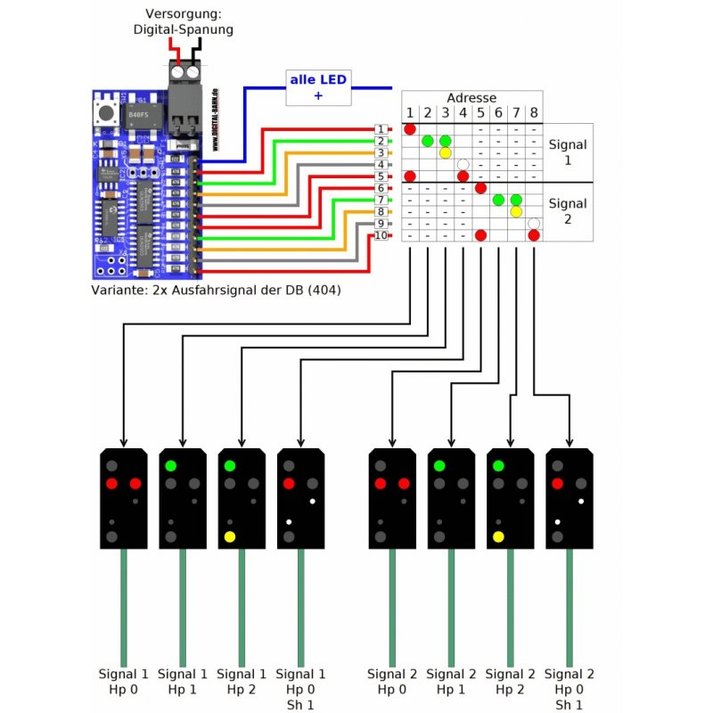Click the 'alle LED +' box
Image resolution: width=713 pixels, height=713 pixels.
click(x=317, y=86)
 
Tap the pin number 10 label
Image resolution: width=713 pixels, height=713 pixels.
click(x=381, y=235)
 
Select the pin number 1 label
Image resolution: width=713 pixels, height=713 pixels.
click(x=381, y=129)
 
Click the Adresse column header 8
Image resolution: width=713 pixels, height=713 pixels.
click(x=533, y=113)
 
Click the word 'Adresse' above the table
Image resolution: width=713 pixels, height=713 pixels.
click(x=471, y=98)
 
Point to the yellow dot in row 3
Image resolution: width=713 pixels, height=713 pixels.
click(x=445, y=152)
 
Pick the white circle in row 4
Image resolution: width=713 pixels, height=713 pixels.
click(x=463, y=164)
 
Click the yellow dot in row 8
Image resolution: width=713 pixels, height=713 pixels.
click(x=515, y=211)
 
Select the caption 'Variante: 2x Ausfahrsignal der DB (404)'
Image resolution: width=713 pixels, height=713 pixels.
click(x=217, y=291)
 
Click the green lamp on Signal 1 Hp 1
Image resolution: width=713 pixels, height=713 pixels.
click(x=170, y=465)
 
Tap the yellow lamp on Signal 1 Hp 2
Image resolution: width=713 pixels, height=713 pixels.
click(x=230, y=537)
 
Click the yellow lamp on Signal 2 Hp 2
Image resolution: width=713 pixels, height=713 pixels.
click(x=498, y=537)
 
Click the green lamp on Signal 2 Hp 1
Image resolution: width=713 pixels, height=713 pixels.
click(x=438, y=465)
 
